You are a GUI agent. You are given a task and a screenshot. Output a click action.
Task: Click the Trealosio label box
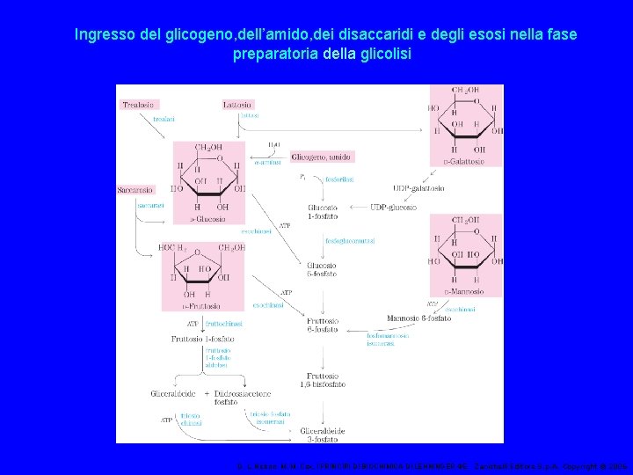pos(139,104)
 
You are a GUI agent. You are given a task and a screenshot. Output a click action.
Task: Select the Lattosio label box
pos(237,104)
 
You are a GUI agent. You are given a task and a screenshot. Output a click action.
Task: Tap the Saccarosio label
pos(135,189)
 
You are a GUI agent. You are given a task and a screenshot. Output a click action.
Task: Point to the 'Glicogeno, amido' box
pos(321,157)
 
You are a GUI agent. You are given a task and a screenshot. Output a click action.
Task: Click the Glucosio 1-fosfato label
pos(323,211)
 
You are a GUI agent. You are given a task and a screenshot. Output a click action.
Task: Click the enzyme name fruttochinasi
pos(225,324)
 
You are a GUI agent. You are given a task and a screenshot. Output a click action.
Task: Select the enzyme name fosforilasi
pos(339,179)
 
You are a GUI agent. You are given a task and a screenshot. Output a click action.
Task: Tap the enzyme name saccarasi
pos(150,205)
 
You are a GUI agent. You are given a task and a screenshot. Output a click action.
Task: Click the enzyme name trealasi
pos(164,119)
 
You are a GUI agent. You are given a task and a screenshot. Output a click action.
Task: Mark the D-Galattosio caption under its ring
pos(466,160)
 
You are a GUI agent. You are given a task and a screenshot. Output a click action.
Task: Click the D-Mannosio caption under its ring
pos(466,290)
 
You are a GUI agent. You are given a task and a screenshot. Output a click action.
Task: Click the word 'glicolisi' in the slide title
pos(382,54)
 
